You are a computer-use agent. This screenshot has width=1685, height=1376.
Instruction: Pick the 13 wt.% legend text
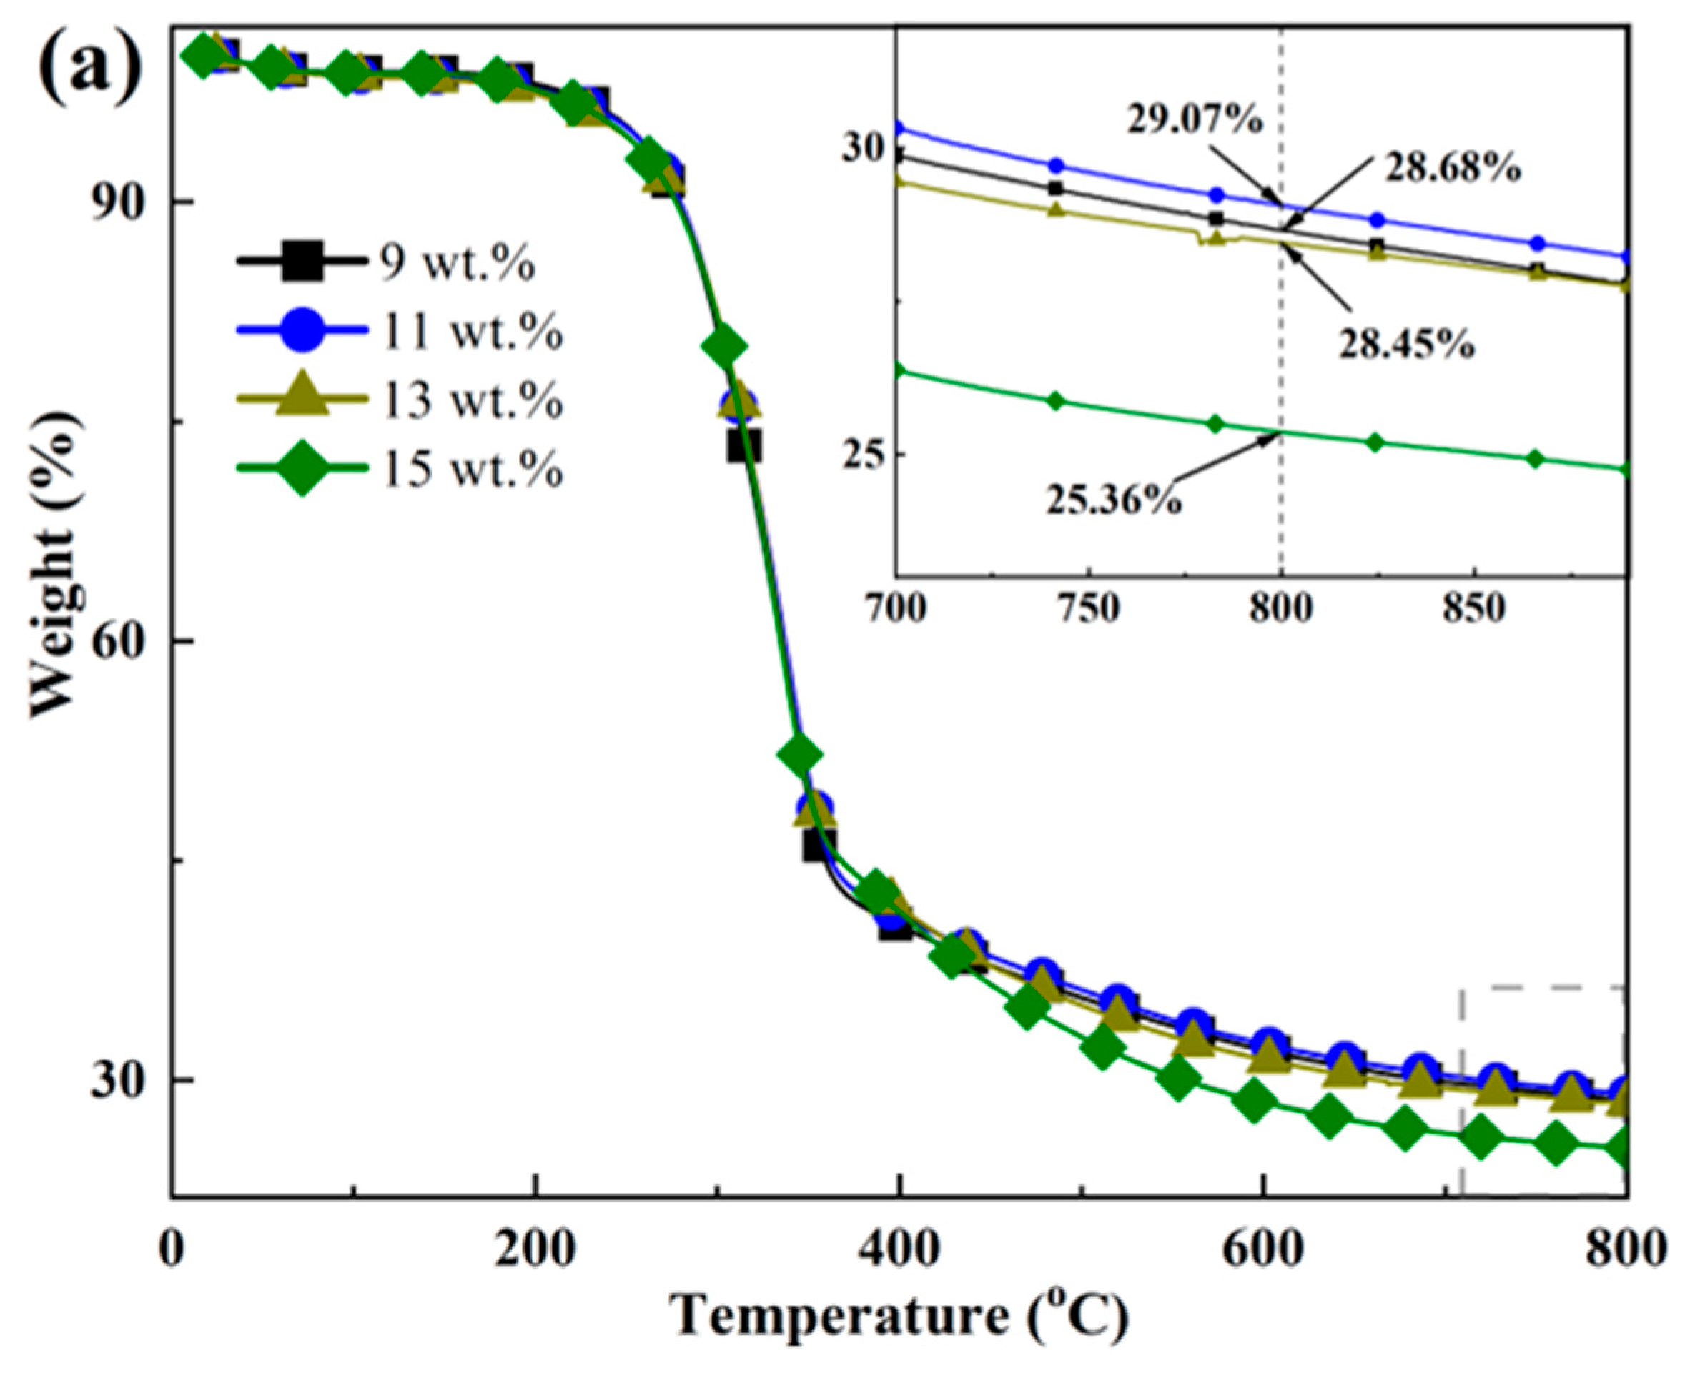tap(472, 399)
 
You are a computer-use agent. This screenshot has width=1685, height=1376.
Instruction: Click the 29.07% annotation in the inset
tap(1194, 122)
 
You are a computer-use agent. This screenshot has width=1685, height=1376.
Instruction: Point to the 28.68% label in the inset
tap(1452, 169)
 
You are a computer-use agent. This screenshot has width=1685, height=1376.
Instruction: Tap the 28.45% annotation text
tap(1406, 347)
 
